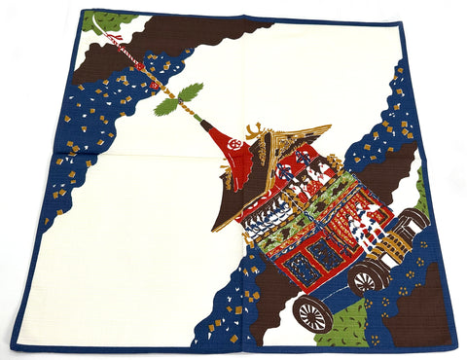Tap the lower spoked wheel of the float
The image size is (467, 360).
312,313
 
